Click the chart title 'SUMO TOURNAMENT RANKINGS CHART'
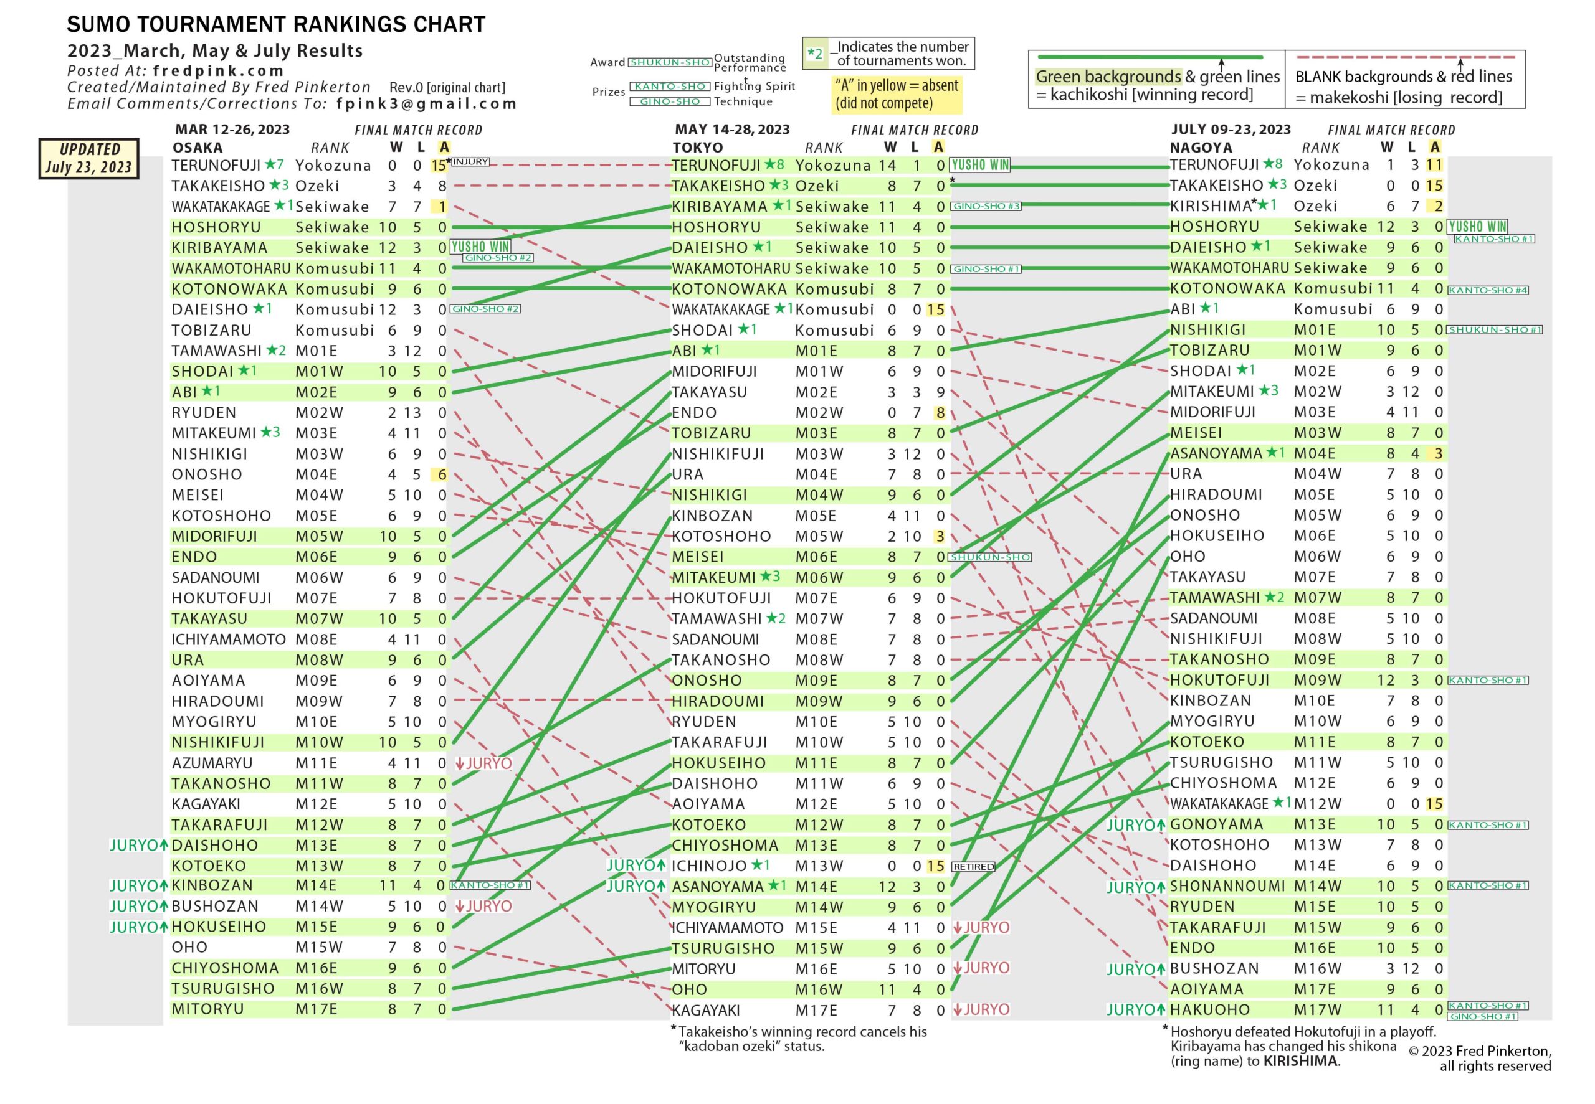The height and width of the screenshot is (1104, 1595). pos(275,24)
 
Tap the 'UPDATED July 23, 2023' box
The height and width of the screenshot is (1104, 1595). pos(88,158)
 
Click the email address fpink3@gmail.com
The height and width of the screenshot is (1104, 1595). pos(426,104)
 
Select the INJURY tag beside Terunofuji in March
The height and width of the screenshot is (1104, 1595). pos(470,162)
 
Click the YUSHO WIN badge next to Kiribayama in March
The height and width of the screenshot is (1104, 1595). pos(480,247)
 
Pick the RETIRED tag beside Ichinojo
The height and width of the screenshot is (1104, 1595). pos(973,867)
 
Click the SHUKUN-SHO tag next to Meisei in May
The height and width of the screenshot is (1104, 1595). pos(990,557)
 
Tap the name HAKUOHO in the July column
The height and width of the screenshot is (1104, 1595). pos(1209,1010)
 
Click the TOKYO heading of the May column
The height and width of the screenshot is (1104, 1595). pos(698,148)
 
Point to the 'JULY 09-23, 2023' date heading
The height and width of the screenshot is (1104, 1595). pos(1231,130)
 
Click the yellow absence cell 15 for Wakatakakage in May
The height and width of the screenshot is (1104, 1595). pos(936,310)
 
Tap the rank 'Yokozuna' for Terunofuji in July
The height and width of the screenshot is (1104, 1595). pos(1331,164)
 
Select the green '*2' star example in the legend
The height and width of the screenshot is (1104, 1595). pos(815,54)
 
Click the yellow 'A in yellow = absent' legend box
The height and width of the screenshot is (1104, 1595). pos(896,94)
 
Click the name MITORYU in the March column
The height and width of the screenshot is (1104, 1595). pos(207,1009)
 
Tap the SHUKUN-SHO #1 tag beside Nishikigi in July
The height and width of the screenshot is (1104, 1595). pos(1495,330)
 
